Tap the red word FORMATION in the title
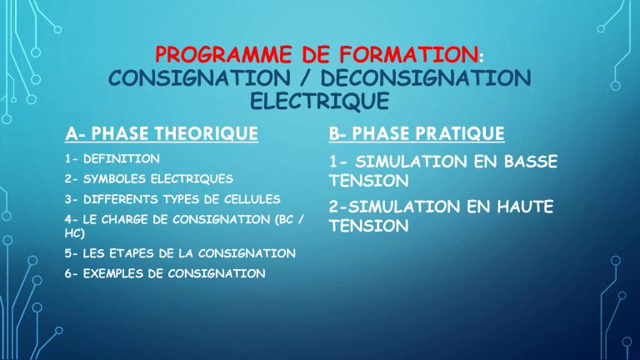click(x=409, y=55)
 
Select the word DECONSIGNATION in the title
click(x=426, y=78)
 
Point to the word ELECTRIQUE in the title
click(x=320, y=101)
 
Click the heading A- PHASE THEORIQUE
click(x=162, y=134)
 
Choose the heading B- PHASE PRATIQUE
click(x=417, y=134)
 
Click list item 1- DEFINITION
click(x=112, y=159)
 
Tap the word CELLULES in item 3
click(x=252, y=199)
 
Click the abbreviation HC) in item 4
click(x=75, y=233)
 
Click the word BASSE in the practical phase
click(x=531, y=162)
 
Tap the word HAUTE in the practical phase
click(x=525, y=207)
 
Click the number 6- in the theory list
click(x=71, y=273)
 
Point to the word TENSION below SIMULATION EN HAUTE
click(x=369, y=226)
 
